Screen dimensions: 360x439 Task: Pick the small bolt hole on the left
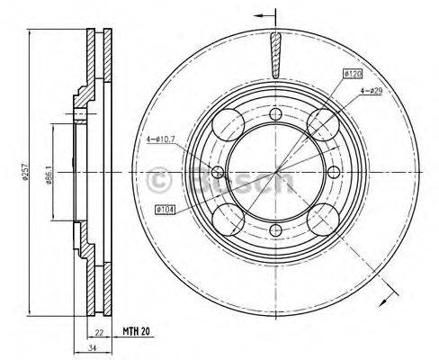217,171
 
